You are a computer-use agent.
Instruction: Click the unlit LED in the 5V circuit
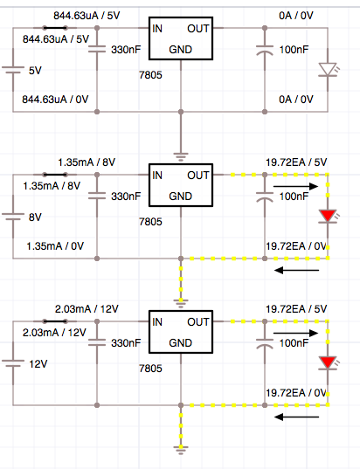[329, 69]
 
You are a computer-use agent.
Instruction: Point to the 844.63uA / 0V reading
[53, 100]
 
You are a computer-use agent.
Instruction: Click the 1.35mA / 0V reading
[56, 246]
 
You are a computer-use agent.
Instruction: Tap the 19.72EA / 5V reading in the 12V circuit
[296, 309]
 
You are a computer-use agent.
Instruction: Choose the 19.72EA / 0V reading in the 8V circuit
[296, 246]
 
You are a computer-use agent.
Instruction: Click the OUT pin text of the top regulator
[197, 28]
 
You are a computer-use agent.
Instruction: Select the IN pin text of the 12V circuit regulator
[158, 321]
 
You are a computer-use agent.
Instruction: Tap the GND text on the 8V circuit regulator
[180, 196]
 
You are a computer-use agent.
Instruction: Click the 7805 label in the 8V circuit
[149, 223]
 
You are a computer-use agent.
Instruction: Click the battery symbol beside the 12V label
[13, 363]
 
